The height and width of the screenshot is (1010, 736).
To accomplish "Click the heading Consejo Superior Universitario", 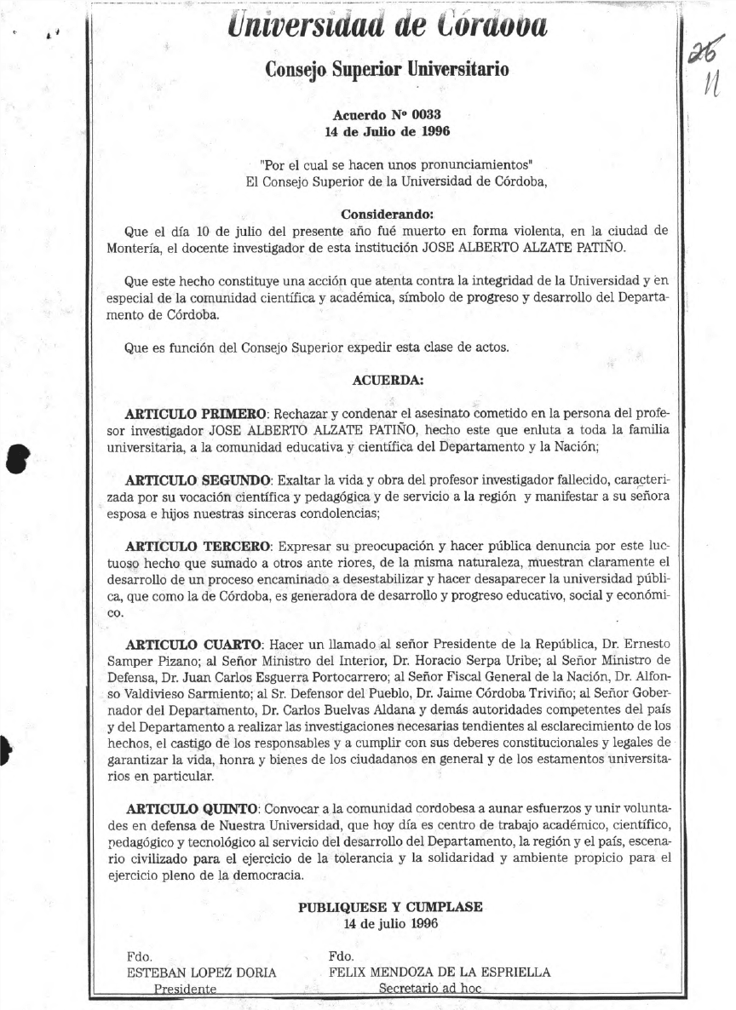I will tap(387, 68).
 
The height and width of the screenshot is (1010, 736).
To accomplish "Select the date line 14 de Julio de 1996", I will tap(388, 131).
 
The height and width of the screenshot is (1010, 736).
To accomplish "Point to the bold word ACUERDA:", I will tap(388, 379).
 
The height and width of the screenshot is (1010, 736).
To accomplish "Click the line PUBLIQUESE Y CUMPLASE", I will tap(390, 907).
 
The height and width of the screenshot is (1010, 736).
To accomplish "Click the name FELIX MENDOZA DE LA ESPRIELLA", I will tap(440, 972).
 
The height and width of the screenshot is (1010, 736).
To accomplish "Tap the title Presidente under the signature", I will tap(185, 989).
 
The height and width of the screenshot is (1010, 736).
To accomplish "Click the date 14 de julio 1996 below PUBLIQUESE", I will tap(390, 923).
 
